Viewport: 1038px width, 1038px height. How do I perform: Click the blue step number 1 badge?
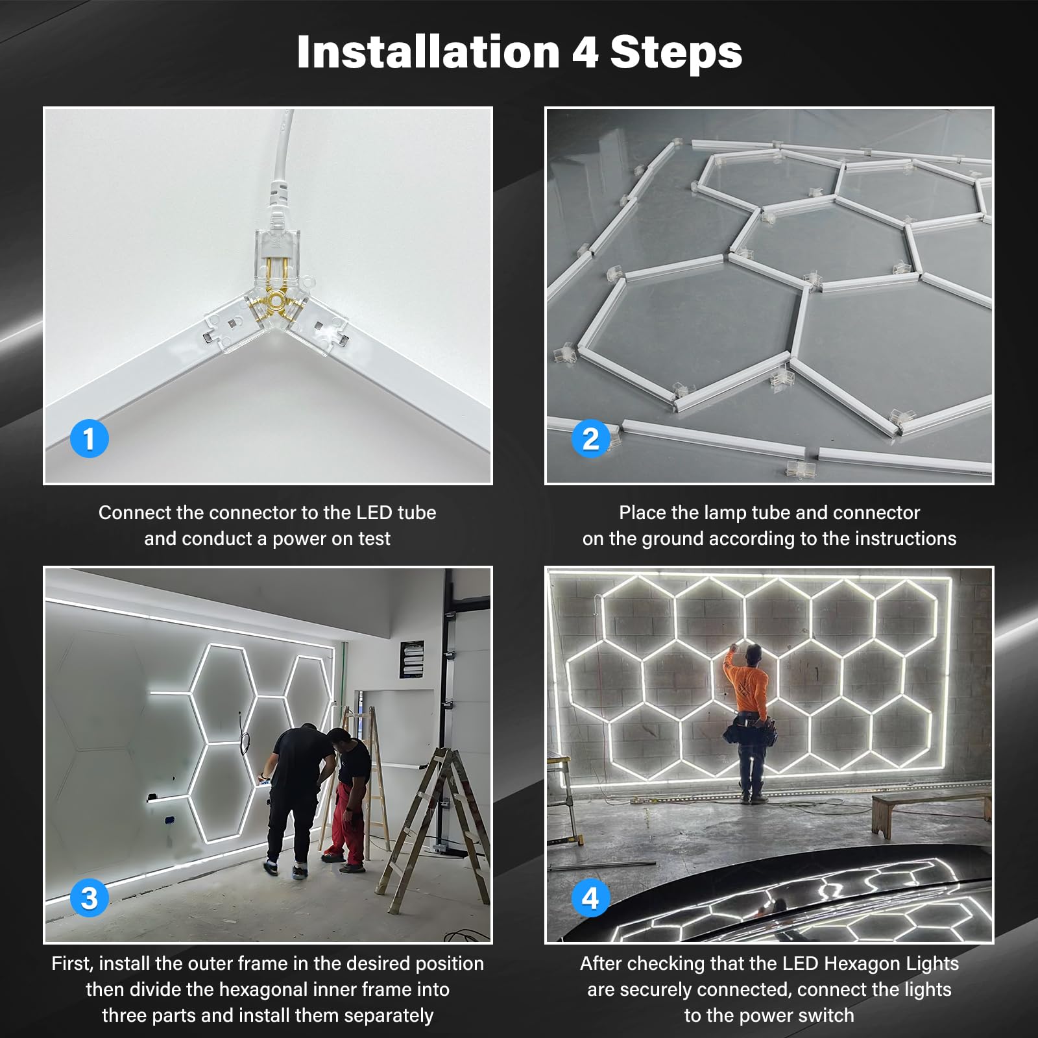(89, 439)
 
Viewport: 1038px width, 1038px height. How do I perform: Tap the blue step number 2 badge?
(590, 439)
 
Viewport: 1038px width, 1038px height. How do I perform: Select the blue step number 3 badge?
(89, 898)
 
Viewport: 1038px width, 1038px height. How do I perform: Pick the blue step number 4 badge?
(590, 898)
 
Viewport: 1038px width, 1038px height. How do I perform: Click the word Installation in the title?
(428, 52)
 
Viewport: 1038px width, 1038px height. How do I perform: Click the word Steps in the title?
(676, 52)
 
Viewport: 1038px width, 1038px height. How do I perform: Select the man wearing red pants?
(348, 798)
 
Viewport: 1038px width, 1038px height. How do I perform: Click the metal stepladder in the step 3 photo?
(441, 824)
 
